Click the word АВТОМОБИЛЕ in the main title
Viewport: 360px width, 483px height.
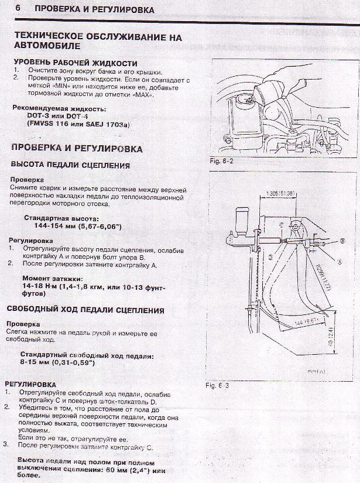[47, 46]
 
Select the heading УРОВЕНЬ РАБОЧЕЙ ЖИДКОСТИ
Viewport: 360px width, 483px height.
[75, 63]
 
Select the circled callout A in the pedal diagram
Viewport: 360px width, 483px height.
[340, 262]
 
